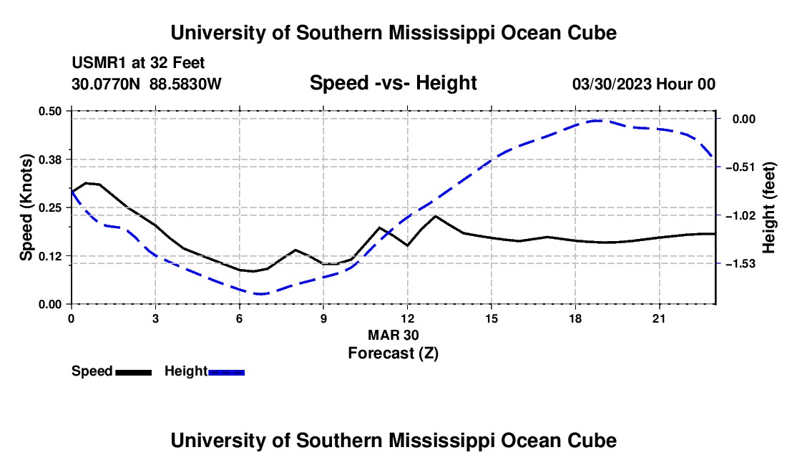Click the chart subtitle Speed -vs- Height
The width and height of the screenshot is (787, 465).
click(393, 83)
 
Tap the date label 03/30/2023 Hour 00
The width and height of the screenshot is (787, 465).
click(644, 84)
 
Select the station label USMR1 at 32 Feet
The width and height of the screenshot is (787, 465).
click(138, 63)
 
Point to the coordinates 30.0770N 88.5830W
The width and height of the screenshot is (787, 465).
click(146, 84)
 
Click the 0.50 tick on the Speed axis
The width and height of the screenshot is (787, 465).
click(50, 111)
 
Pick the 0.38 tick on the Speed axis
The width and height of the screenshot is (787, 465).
click(50, 160)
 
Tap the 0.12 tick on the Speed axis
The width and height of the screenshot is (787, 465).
click(50, 256)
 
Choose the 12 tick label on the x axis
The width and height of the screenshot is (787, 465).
click(408, 318)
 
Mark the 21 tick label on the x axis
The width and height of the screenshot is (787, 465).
click(659, 318)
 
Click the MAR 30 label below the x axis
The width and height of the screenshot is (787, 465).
click(393, 335)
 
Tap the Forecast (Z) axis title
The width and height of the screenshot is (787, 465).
click(393, 353)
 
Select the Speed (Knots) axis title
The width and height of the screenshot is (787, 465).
click(26, 207)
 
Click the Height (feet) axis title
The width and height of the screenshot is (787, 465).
click(769, 207)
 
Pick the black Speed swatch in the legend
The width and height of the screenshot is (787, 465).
click(134, 373)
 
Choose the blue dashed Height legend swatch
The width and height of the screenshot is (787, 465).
click(226, 373)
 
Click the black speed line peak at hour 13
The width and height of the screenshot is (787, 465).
click(435, 216)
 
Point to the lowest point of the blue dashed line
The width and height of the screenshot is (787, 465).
click(260, 294)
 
